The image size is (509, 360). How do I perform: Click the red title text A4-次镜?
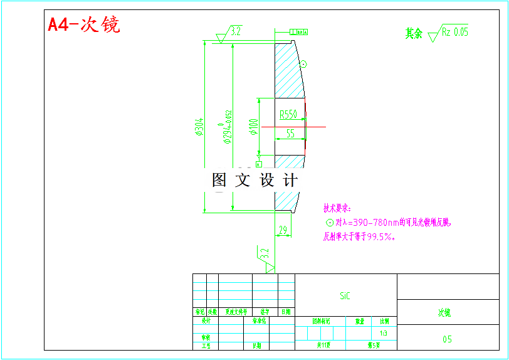pos(84,24)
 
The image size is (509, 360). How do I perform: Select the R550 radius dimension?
pos(288,114)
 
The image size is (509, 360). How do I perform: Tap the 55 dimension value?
pos(290,133)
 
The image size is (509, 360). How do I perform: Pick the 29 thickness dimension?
pos(283,230)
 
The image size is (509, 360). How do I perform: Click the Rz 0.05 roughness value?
pos(455,32)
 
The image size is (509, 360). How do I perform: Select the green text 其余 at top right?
pos(414,33)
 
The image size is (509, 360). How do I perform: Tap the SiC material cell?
pos(345,295)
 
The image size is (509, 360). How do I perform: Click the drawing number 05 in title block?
pos(447,339)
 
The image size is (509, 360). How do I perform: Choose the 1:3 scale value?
pos(384,333)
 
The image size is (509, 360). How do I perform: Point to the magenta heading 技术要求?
pos(337,208)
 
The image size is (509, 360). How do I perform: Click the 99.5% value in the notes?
pos(380,237)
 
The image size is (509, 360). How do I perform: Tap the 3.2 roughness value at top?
pos(236,29)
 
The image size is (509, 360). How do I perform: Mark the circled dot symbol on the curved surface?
pos(303,63)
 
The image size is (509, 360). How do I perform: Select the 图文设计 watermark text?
pos(255,181)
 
